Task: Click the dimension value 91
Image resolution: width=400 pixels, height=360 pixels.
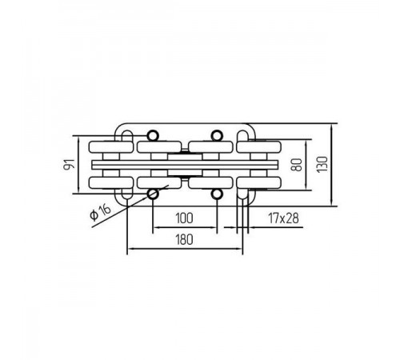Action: point(69,164)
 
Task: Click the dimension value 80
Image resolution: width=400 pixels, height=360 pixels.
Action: point(298,165)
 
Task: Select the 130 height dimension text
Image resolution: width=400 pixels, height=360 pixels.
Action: point(322,164)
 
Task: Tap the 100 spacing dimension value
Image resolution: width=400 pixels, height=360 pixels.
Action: point(184,218)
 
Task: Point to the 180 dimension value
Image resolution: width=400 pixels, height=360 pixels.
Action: point(184,239)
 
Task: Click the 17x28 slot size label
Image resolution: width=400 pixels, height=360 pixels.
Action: point(284,218)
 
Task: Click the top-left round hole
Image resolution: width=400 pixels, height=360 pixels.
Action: point(153,135)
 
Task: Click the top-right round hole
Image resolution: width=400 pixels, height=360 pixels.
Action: point(217,135)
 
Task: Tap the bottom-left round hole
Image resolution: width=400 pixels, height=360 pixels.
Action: point(153,194)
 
